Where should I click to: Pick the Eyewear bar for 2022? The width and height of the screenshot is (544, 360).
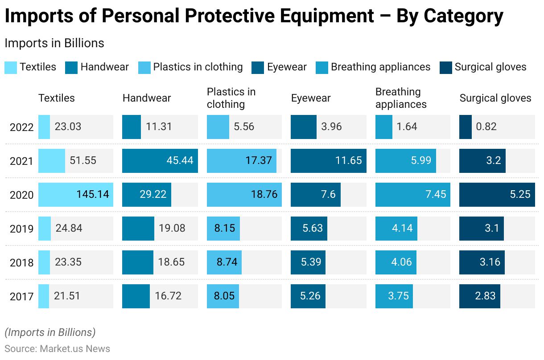point(303,127)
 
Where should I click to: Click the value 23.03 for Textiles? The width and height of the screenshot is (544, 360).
point(68,127)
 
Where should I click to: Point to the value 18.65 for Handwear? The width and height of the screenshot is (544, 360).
point(171,262)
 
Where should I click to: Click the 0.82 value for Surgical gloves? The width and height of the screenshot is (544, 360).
point(486,127)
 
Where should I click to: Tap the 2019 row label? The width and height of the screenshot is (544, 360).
point(21,229)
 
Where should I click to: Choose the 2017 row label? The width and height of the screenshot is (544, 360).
point(21,297)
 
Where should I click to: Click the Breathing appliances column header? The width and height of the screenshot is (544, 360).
point(400,98)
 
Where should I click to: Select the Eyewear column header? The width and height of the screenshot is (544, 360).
point(311,98)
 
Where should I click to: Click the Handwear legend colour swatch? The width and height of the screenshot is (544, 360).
point(71,68)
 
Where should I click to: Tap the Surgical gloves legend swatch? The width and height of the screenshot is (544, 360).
point(445,68)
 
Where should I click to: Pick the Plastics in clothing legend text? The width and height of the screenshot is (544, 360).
point(198,67)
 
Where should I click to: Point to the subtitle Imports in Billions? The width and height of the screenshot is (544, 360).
point(54,43)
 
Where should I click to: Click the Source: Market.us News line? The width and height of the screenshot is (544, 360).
point(58,348)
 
